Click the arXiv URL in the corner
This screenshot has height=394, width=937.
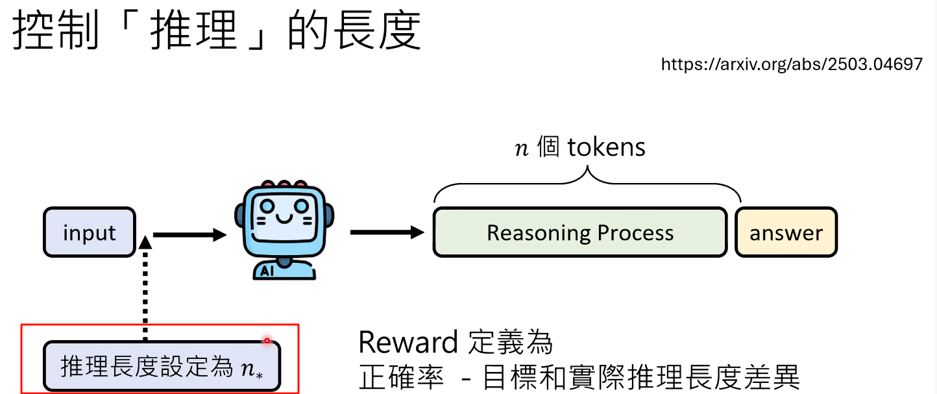791,64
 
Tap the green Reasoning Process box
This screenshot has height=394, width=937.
580,232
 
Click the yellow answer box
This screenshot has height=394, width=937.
786,233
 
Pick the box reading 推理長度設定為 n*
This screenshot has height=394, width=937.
162,367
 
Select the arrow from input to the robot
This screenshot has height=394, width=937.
188,235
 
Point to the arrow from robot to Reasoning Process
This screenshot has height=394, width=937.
387,232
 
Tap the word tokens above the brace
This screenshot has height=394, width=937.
606,147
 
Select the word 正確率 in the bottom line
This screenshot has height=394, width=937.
401,377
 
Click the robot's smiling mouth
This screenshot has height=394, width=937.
282,218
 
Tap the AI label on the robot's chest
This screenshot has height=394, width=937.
267,272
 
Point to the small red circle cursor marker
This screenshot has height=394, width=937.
267,340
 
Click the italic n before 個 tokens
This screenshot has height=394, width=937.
521,149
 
